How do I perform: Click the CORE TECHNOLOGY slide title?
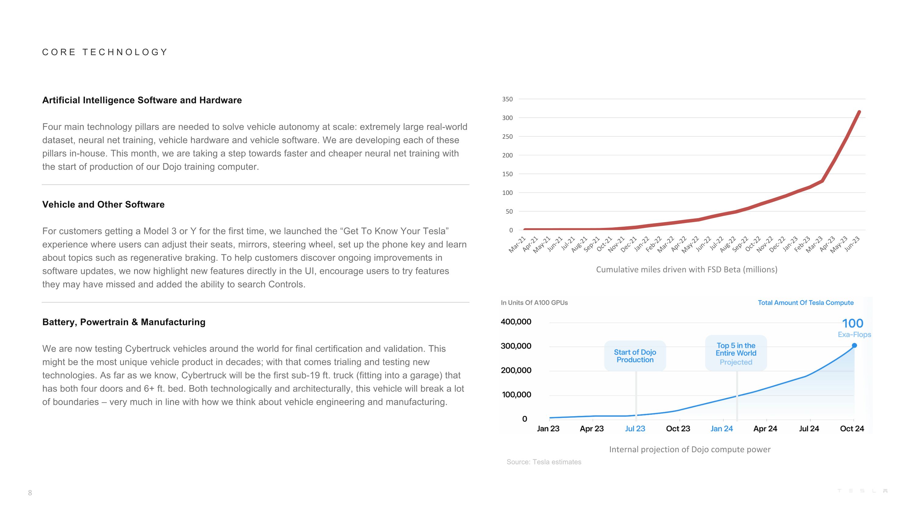(x=105, y=52)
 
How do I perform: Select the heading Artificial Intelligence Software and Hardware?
(x=142, y=100)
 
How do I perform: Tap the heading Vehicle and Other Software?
(x=103, y=204)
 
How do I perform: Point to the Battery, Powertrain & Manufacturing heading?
(x=124, y=322)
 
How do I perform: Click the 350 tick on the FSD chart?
(x=507, y=99)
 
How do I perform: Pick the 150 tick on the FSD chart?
(x=507, y=174)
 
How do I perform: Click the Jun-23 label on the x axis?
(x=852, y=244)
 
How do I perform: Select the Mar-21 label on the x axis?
(x=517, y=244)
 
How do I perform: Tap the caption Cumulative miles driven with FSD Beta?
(x=686, y=270)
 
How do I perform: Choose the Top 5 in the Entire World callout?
(x=736, y=353)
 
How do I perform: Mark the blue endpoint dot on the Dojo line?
(x=854, y=346)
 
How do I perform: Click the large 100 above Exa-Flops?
(x=853, y=323)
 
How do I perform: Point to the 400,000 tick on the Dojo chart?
(x=516, y=322)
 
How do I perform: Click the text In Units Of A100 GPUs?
(x=534, y=303)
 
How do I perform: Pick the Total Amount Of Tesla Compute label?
(x=806, y=303)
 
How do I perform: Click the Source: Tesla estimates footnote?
(x=544, y=462)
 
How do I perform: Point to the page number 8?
(x=30, y=493)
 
